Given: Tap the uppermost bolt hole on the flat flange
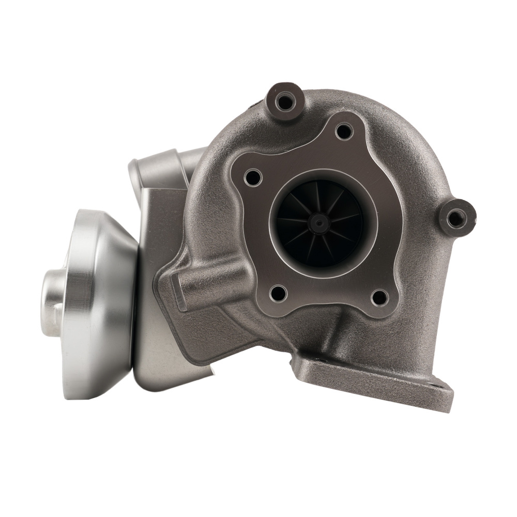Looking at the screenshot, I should pyautogui.click(x=344, y=131).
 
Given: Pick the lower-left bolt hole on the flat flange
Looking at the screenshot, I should pyautogui.click(x=278, y=293).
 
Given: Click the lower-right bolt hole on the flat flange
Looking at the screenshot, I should pyautogui.click(x=379, y=297).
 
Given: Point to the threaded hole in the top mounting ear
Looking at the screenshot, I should pyautogui.click(x=284, y=101).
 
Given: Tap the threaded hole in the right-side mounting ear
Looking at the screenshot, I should pyautogui.click(x=455, y=218).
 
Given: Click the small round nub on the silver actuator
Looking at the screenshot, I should pyautogui.click(x=52, y=302).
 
